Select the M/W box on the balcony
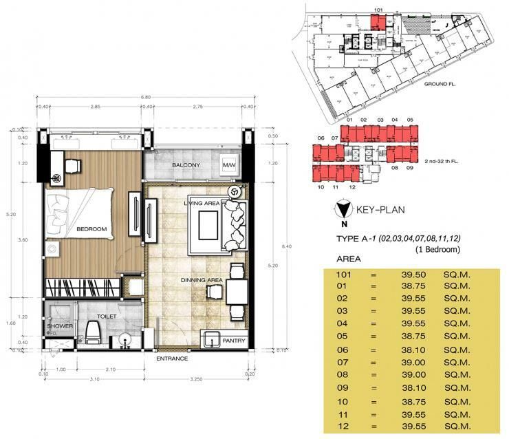(x=228, y=166)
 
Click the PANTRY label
(x=234, y=339)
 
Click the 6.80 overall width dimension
(x=145, y=97)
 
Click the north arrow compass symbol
(x=342, y=211)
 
